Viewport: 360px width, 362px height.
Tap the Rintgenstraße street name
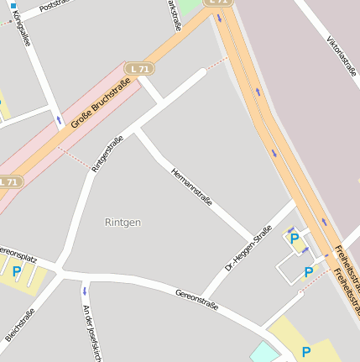102,154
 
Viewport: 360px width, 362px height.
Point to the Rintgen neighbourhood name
123,223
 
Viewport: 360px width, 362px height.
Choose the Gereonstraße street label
196,300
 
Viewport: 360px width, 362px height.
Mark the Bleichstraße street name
19,324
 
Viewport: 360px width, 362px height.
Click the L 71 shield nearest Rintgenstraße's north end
139,67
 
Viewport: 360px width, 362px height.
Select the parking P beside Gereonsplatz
17,271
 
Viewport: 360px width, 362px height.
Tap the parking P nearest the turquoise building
305,352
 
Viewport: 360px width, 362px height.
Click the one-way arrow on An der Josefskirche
84,291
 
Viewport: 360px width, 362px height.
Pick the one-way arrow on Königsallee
58,121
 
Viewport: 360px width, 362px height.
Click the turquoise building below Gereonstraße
263,354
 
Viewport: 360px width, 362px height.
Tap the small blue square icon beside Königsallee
13,5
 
